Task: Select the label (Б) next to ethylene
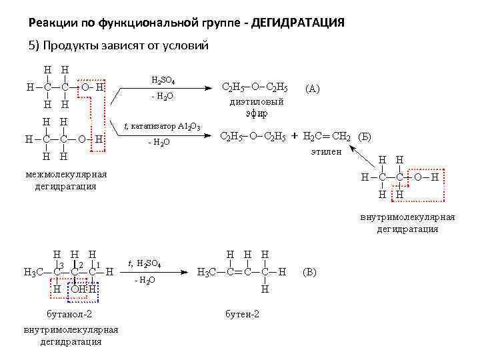[x=365, y=137]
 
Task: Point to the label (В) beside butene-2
[x=310, y=272]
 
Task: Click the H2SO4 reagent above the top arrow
[x=163, y=80]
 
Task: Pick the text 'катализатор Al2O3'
[x=167, y=126]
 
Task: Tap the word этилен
[x=326, y=151]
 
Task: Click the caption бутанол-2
[x=69, y=313]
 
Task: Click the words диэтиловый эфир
[x=256, y=107]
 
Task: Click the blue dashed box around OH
[x=84, y=289]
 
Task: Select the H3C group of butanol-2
[x=33, y=273]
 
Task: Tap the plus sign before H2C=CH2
[x=294, y=137]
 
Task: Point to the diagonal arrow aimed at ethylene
[x=364, y=159]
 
